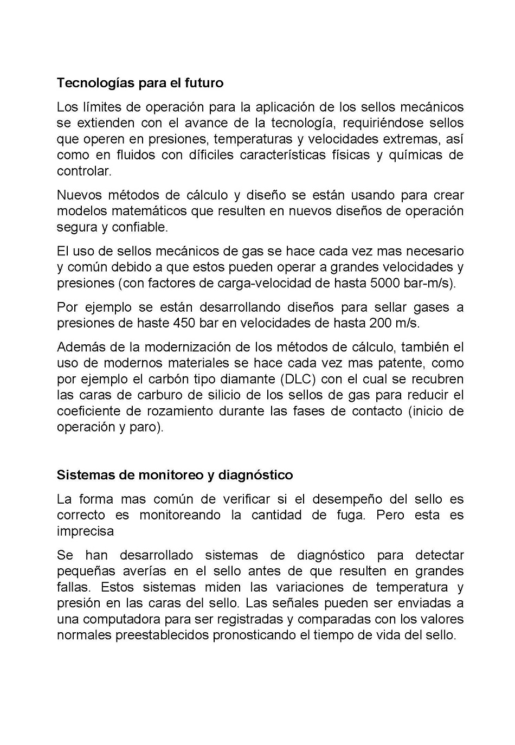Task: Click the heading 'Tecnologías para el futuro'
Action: [140, 83]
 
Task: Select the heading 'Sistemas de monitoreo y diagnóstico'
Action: [175, 475]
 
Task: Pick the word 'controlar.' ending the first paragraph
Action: [84, 171]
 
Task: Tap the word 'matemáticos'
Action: [146, 211]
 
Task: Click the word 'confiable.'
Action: [140, 227]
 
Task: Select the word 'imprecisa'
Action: [85, 531]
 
